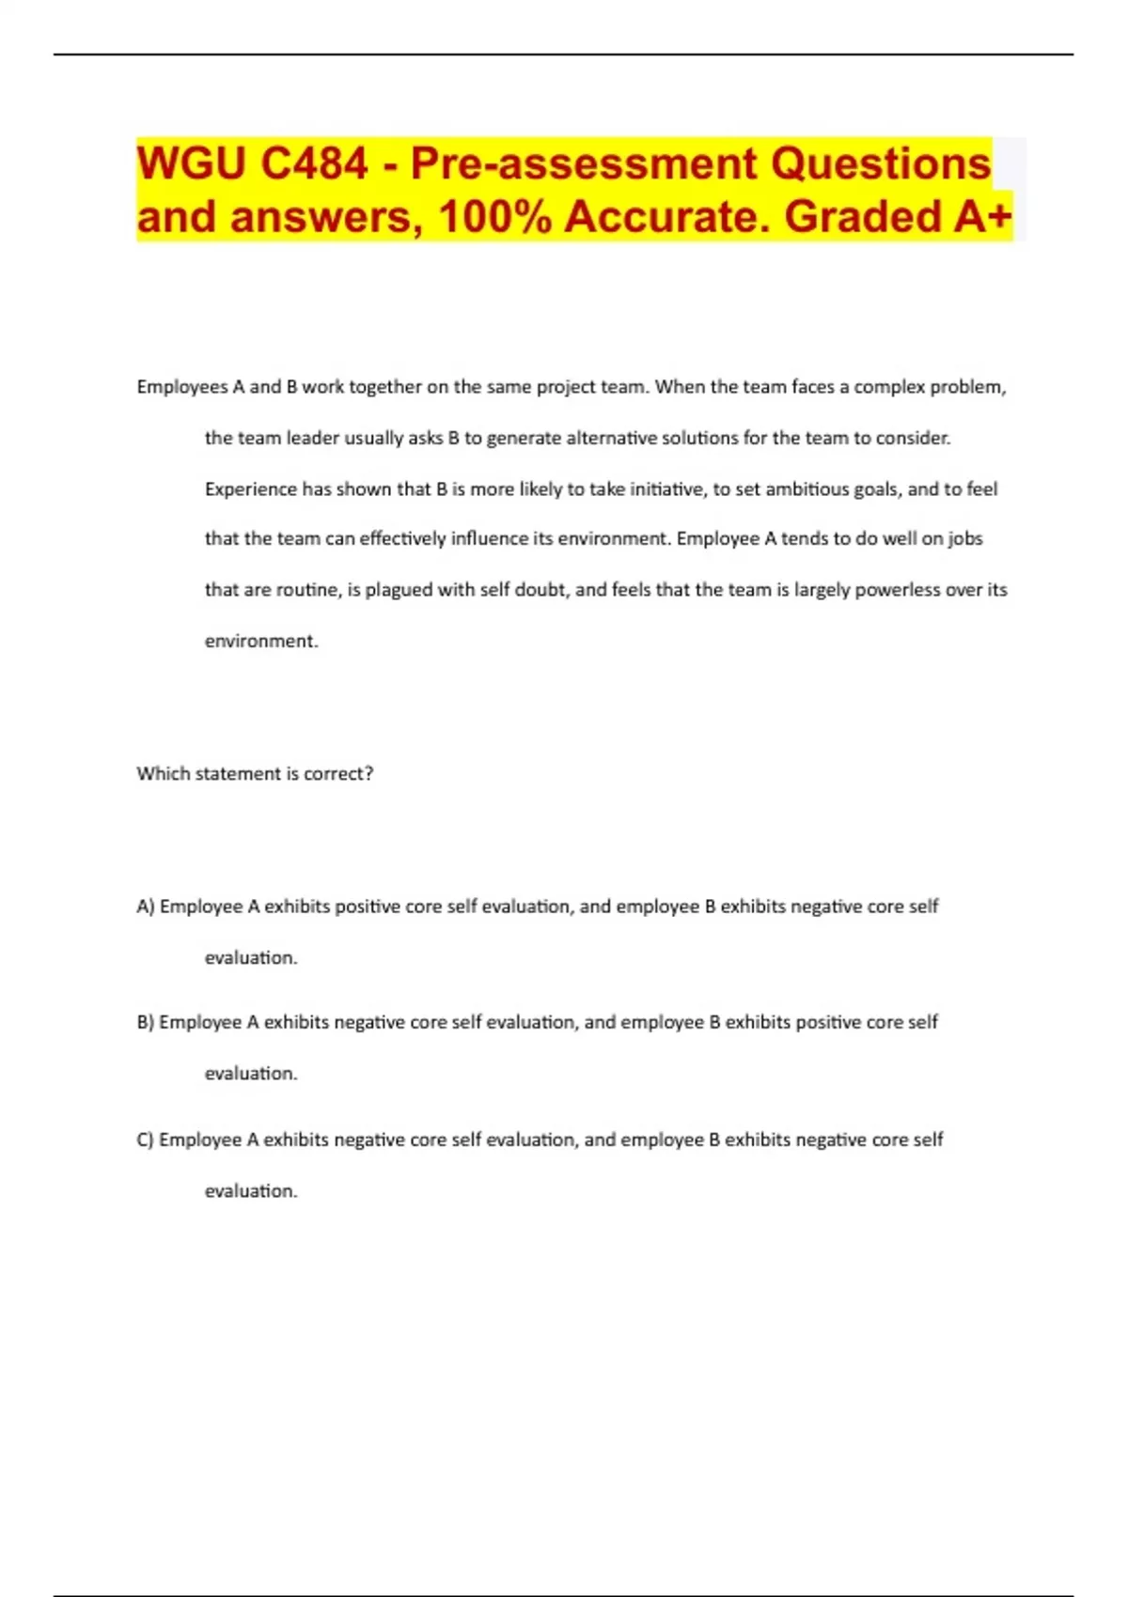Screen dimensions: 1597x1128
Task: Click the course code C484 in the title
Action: coord(314,164)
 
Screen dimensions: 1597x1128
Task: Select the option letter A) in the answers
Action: coord(146,907)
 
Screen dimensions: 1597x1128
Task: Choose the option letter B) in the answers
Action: coord(146,1022)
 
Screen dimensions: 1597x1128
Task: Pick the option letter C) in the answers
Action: coord(146,1140)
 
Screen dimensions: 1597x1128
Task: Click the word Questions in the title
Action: coord(881,164)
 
